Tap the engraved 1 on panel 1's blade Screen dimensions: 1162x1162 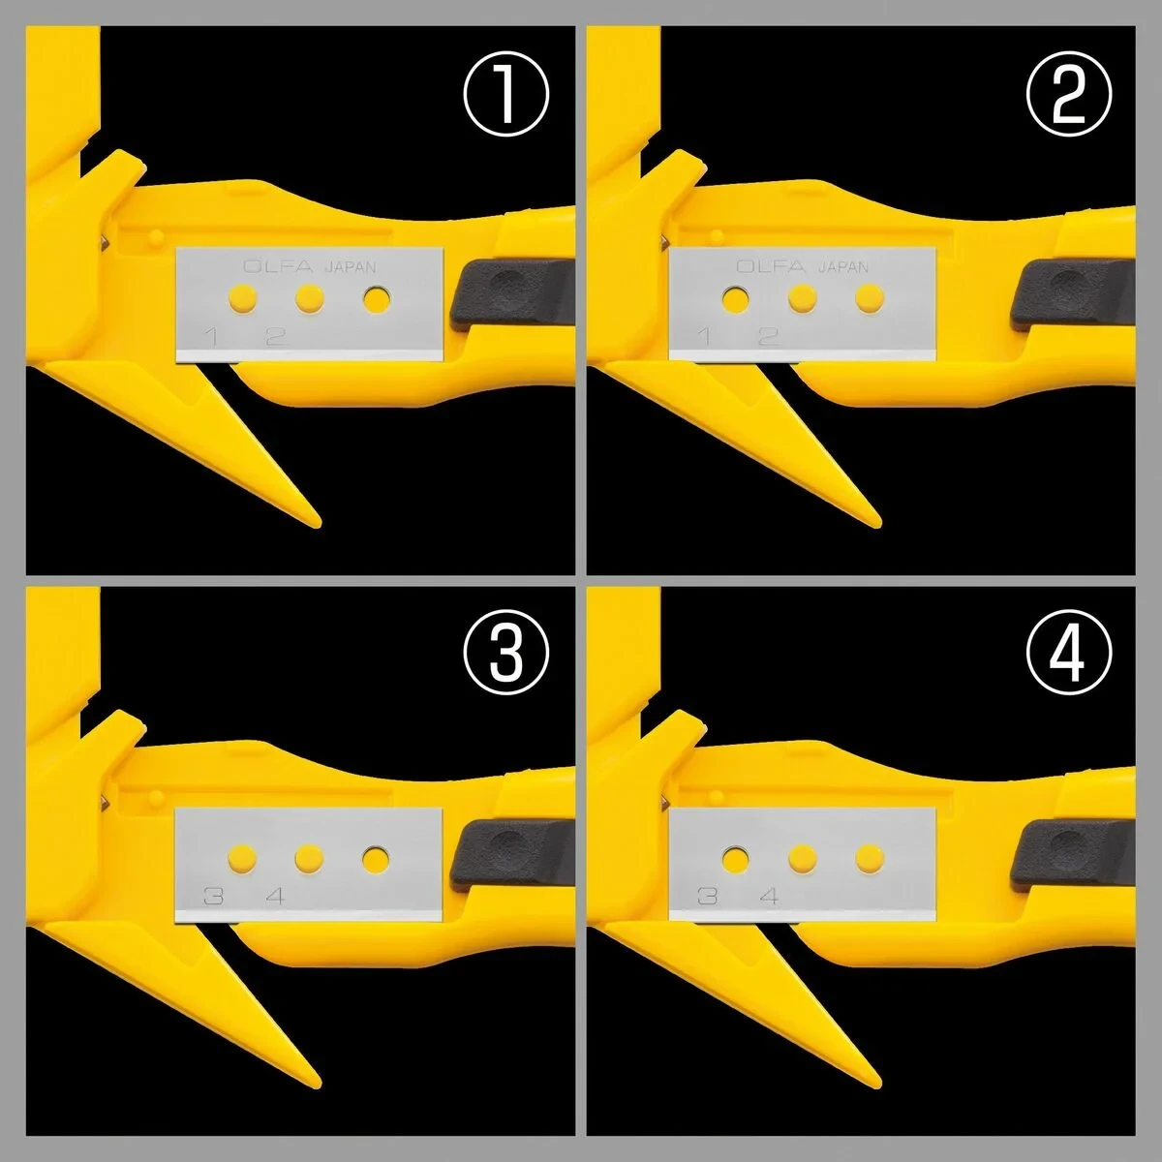click(209, 337)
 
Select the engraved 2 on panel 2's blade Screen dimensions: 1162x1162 click(769, 336)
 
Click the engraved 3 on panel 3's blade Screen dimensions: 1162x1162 click(209, 896)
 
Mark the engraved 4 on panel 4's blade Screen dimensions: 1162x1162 click(769, 896)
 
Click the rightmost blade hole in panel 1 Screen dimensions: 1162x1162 click(375, 299)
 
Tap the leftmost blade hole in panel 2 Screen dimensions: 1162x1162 click(735, 299)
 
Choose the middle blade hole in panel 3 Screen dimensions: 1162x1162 click(308, 857)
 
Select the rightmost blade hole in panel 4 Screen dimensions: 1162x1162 click(869, 857)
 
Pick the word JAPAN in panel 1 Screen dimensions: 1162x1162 click(350, 268)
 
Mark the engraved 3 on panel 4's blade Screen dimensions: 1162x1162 click(708, 896)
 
